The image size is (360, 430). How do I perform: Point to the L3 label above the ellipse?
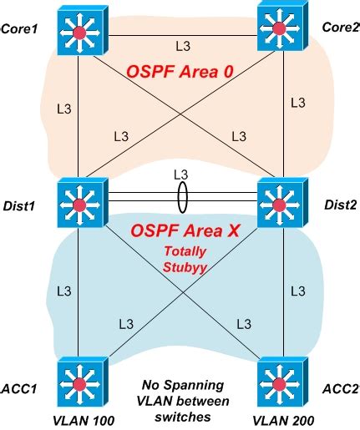[x=180, y=174]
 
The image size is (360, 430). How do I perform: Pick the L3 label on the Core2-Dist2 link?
[x=297, y=102]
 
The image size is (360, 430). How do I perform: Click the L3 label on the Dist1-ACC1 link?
[x=63, y=291]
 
